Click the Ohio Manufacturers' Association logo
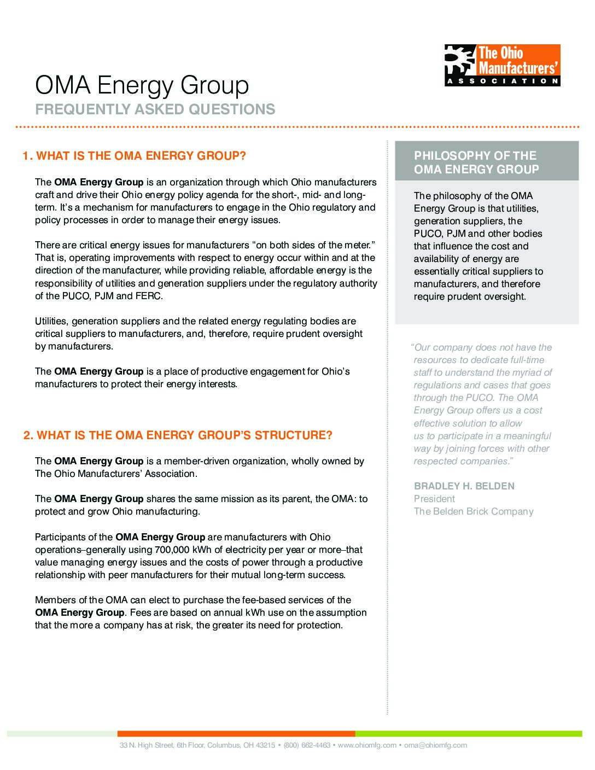tap(502, 65)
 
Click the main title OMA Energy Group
tap(142, 85)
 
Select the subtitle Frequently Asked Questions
tap(155, 109)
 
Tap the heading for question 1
tap(135, 156)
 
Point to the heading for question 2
tap(178, 435)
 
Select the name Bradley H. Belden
tap(464, 486)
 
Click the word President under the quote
tap(434, 499)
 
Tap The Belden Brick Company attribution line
tap(473, 511)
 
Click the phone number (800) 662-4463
tap(307, 745)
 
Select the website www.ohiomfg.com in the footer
tap(367, 745)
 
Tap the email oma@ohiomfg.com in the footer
tap(435, 745)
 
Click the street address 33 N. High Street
tap(146, 745)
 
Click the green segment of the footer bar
tap(468, 733)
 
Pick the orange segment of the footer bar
tap(236, 733)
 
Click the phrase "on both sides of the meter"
tap(313, 245)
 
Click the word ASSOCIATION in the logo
tap(502, 81)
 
